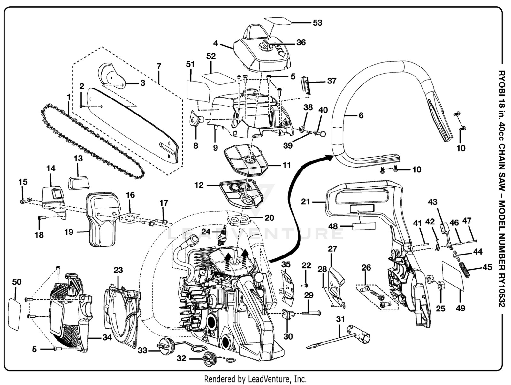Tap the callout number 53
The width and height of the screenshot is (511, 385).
[x=317, y=23]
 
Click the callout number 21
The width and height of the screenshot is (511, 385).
[x=305, y=202]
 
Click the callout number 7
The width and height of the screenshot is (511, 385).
[x=159, y=67]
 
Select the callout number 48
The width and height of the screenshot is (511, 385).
[x=333, y=226]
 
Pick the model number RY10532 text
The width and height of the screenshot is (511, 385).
[x=502, y=285]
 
